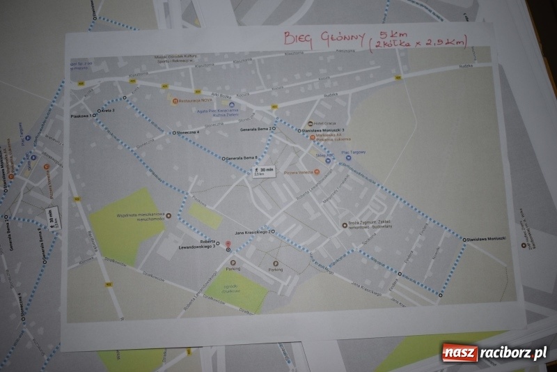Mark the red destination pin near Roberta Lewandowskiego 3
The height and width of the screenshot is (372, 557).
[x=228, y=246]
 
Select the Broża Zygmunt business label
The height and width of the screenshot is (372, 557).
[x=371, y=226]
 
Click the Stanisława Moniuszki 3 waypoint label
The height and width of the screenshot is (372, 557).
[x=325, y=130]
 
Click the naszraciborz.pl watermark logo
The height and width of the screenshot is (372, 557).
[x=494, y=352]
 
